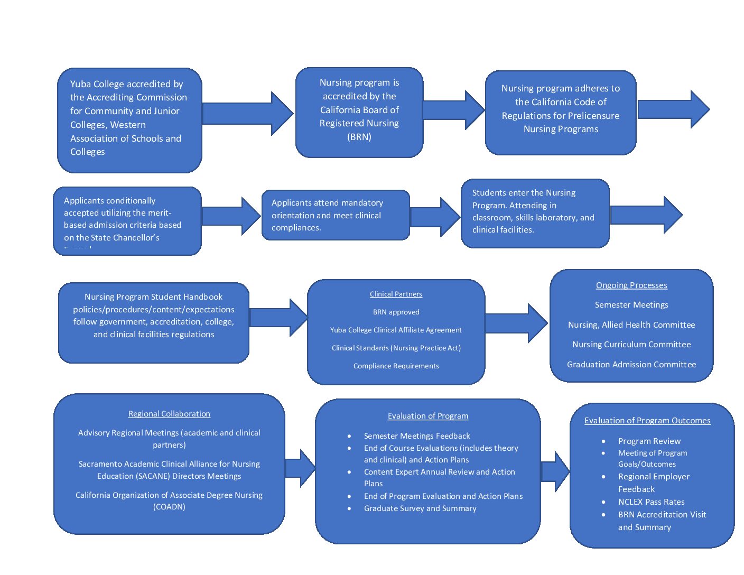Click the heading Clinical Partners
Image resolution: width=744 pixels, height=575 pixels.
pos(396,294)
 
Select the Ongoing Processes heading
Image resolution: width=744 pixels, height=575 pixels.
pos(631,285)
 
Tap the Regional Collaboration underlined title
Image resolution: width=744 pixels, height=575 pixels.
pos(169,414)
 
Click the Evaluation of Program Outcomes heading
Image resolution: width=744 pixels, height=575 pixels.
pos(647,421)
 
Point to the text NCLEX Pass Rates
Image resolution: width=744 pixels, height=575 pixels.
pos(651,502)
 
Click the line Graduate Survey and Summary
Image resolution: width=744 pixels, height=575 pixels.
pos(420,508)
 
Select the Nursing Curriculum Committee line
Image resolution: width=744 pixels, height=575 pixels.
pos(631,345)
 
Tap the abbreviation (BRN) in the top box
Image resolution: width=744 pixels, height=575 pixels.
pos(359,137)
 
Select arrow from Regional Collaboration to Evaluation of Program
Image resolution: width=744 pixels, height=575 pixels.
pos(300,468)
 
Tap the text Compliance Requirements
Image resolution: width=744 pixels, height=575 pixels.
pos(396,366)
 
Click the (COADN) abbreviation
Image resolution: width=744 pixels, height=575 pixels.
pos(169,507)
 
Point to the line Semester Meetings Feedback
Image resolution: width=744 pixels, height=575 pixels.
pos(417,436)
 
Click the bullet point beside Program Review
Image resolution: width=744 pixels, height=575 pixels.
pos(603,441)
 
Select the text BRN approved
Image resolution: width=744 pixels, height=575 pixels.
pos(396,312)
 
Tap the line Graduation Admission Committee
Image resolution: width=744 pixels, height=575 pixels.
pos(631,365)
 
